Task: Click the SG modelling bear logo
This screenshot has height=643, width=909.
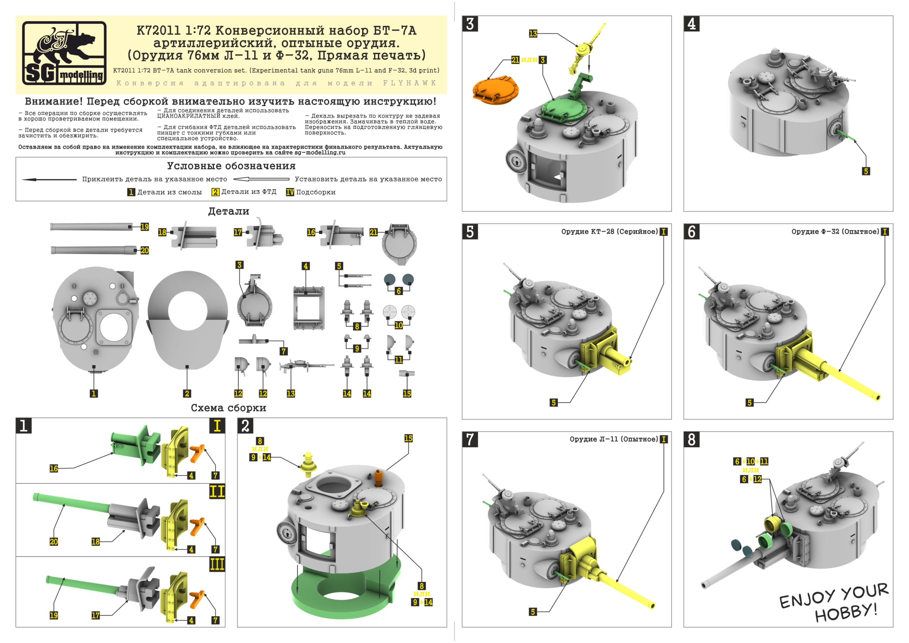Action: click(x=64, y=53)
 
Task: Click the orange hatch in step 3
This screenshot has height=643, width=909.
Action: click(x=495, y=90)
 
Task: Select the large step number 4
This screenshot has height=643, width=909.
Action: click(x=692, y=24)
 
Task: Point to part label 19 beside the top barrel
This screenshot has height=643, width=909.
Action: click(x=145, y=227)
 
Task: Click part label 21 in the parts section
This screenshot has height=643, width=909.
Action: click(x=373, y=233)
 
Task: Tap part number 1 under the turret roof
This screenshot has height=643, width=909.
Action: click(x=94, y=393)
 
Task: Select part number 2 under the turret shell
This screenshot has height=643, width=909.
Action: click(x=187, y=393)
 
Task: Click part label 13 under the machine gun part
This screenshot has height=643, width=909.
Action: click(x=290, y=393)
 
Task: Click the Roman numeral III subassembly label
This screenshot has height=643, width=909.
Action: click(x=217, y=564)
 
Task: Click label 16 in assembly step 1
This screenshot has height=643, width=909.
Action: click(x=54, y=468)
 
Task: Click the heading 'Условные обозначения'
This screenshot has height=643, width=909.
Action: click(x=231, y=166)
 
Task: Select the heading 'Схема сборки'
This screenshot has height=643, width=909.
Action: click(x=228, y=408)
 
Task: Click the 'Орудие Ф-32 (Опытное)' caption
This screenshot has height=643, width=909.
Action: click(x=835, y=231)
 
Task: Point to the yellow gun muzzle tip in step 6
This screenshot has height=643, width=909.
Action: click(x=878, y=398)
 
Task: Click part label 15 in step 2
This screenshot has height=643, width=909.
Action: click(x=408, y=438)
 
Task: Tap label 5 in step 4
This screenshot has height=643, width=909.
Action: click(x=866, y=171)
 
